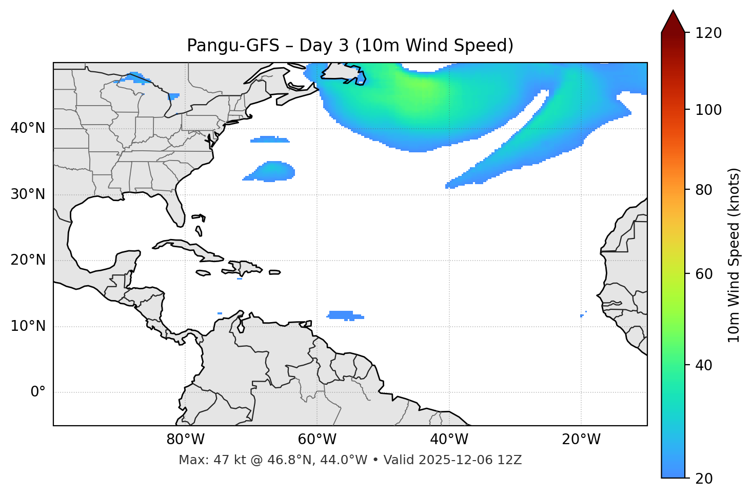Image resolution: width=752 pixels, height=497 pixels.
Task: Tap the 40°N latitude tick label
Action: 28,128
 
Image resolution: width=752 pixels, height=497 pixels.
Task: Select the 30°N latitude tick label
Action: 28,194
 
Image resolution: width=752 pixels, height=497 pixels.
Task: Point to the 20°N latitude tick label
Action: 28,260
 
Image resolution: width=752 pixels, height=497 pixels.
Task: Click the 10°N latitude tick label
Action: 28,326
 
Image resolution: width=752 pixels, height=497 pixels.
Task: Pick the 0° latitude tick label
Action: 37,392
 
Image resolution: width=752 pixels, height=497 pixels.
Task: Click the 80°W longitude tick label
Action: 185,440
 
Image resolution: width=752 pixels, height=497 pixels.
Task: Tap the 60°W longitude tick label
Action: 317,440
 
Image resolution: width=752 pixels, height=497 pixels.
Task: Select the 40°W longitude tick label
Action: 449,440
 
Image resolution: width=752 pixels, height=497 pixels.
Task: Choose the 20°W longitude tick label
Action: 581,440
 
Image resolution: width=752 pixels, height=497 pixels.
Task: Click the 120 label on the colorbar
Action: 708,33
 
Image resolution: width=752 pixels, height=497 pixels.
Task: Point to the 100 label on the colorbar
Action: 708,110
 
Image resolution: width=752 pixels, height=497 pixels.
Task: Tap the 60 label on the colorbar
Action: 704,274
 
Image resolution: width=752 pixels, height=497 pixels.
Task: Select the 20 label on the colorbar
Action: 704,479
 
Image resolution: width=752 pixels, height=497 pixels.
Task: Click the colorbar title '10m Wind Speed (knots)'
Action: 734,255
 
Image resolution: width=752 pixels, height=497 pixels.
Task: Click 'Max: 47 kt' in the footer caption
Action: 201,460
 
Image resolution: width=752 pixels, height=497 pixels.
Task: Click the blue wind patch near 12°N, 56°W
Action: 344,315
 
